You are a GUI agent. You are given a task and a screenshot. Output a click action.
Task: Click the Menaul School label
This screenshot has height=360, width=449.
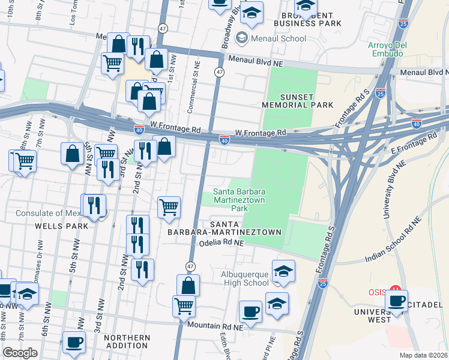click(279, 39)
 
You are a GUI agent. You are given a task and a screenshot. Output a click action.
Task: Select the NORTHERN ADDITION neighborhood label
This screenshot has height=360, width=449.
click(127, 342)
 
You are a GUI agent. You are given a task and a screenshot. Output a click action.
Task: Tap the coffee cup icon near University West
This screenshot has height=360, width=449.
click(396, 301)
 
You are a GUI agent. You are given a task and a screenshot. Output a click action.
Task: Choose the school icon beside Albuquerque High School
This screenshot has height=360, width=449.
click(283, 271)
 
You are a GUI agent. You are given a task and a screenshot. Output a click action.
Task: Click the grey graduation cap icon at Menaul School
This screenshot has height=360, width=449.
click(243, 38)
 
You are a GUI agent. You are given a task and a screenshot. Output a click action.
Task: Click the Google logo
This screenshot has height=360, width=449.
click(20, 353)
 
